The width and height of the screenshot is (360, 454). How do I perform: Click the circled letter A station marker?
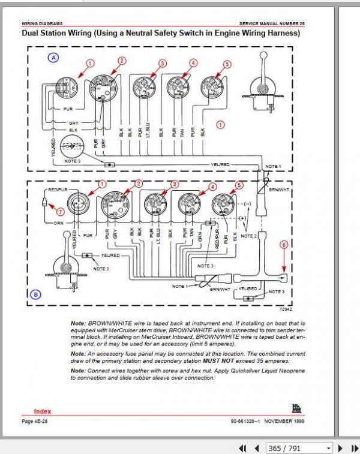click(53, 58)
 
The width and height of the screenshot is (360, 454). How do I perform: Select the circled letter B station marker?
click(35, 294)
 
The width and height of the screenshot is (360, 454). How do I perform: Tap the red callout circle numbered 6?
click(284, 244)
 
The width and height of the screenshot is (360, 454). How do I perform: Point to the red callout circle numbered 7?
click(60, 211)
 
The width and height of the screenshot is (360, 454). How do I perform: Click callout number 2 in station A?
click(122, 61)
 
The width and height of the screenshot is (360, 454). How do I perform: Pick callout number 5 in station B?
click(240, 187)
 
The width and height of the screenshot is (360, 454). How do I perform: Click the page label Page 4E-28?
click(36, 422)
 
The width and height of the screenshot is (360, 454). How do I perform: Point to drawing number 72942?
click(285, 309)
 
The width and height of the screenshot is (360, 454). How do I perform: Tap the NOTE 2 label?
click(247, 236)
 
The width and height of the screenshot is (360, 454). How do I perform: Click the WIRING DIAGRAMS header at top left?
click(42, 23)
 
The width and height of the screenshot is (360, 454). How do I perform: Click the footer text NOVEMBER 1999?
click(284, 422)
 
